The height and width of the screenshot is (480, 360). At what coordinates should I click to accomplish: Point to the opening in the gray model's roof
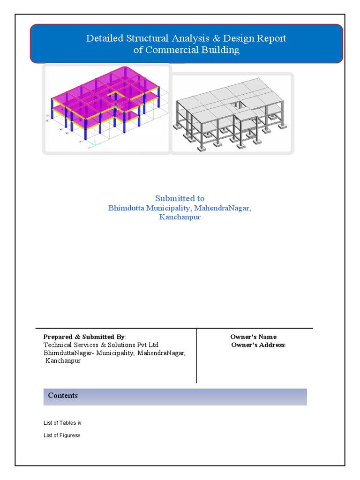coord(238,105)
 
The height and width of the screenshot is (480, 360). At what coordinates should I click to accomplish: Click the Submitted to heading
coord(180,198)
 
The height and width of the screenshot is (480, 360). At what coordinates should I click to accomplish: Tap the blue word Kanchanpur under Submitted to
coord(180,217)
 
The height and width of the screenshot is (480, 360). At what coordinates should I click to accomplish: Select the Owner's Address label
coord(259,345)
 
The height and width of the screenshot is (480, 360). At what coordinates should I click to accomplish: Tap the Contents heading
coord(63,396)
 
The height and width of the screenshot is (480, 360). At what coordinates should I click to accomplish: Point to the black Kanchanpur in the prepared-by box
coord(63,361)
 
